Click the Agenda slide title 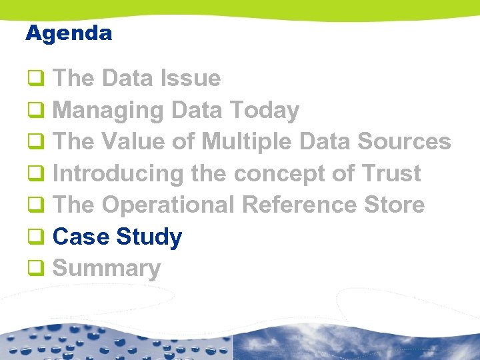[69, 33]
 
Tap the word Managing [107, 111]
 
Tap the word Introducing [117, 174]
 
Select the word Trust [391, 174]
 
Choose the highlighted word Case [81, 237]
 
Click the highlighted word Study [149, 237]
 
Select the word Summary [106, 269]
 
